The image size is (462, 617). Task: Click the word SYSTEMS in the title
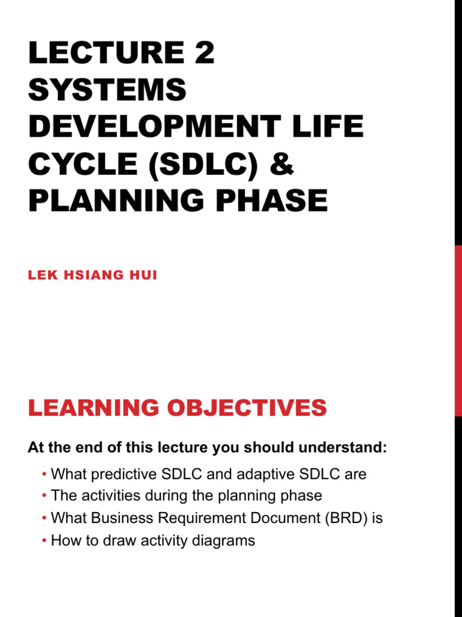107,90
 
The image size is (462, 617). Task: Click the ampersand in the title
280,164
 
